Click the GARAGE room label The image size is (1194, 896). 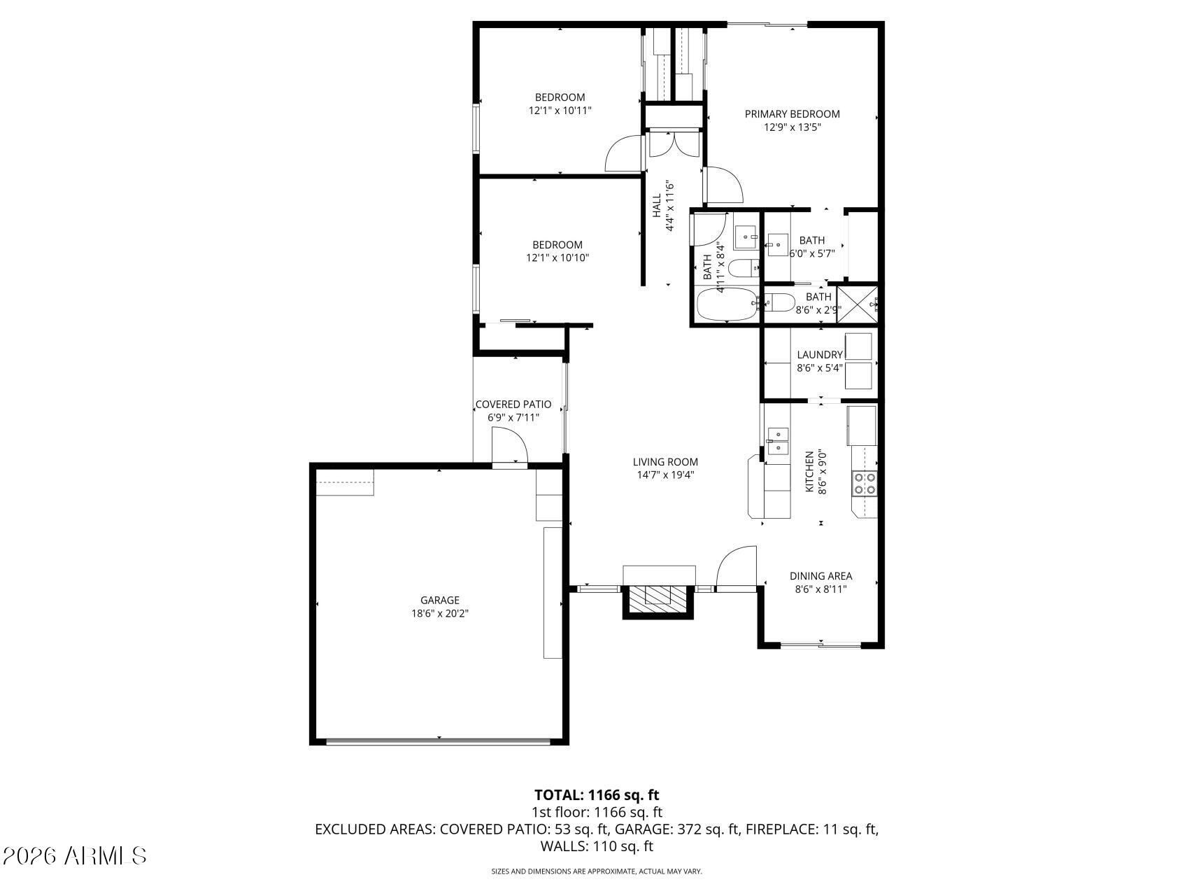tap(439, 600)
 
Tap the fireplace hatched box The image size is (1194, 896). tap(658, 595)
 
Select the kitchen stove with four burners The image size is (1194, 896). tap(865, 484)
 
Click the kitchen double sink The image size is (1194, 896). tap(777, 442)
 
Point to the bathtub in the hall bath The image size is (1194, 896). tap(727, 305)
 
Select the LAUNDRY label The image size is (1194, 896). tap(820, 354)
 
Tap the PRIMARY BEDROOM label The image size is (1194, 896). tap(792, 113)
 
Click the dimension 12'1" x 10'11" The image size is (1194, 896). tap(560, 111)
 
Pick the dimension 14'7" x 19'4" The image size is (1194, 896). tap(665, 475)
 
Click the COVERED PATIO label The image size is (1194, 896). tap(513, 404)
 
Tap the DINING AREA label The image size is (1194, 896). tap(820, 576)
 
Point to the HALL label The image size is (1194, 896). tap(657, 206)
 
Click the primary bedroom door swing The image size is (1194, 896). tap(723, 183)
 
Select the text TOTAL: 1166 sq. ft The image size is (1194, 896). tap(597, 794)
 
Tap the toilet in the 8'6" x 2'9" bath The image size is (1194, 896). tap(782, 303)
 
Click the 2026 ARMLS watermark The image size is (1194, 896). tap(75, 855)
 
